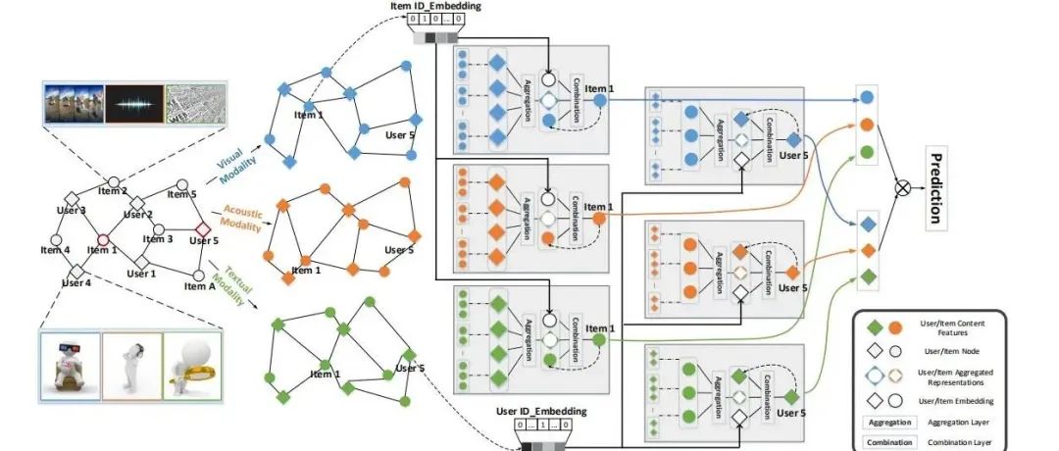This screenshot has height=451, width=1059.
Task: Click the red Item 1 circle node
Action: click(102, 237)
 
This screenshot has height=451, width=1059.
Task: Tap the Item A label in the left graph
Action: click(199, 287)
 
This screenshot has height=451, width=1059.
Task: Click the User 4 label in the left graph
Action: click(76, 283)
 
